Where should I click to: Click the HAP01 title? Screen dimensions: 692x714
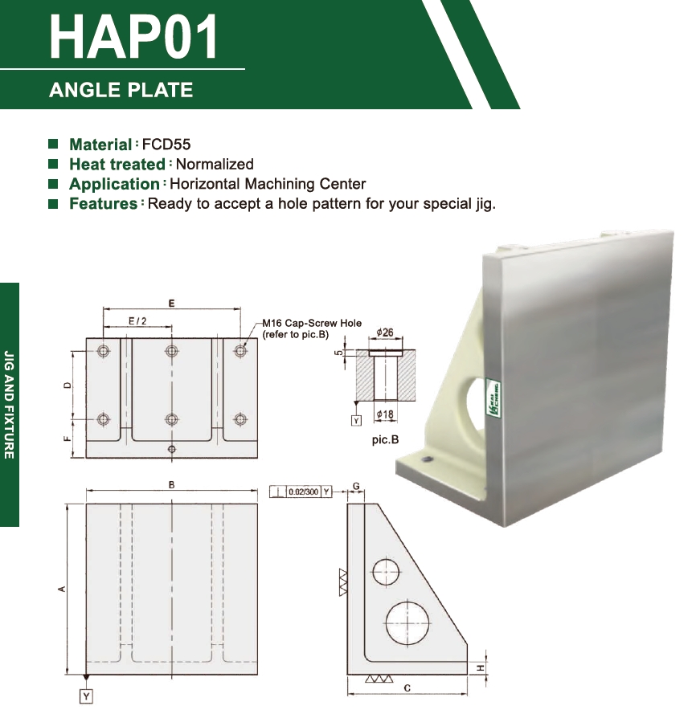133,37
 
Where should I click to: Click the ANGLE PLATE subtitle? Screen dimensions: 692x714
121,90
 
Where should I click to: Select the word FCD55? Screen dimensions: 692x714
166,145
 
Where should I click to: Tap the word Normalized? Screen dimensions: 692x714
215,164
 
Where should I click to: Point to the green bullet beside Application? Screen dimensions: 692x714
53,183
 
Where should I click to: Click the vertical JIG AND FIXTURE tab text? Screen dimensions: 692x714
9,404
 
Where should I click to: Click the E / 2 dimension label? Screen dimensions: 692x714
137,321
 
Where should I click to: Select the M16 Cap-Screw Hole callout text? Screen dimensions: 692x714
312,323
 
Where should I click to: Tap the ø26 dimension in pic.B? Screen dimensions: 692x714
385,333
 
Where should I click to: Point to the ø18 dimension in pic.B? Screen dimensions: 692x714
385,414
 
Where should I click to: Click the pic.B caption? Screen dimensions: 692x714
386,439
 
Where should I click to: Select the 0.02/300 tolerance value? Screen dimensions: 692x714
304,492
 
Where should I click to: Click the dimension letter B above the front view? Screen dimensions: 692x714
171,484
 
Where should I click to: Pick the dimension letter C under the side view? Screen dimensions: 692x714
407,688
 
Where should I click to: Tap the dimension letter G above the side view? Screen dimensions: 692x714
356,486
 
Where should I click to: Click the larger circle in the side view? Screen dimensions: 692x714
407,601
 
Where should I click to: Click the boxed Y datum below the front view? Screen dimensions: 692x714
86,696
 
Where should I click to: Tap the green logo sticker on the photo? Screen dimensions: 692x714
493,397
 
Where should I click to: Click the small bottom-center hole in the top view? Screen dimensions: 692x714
172,450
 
